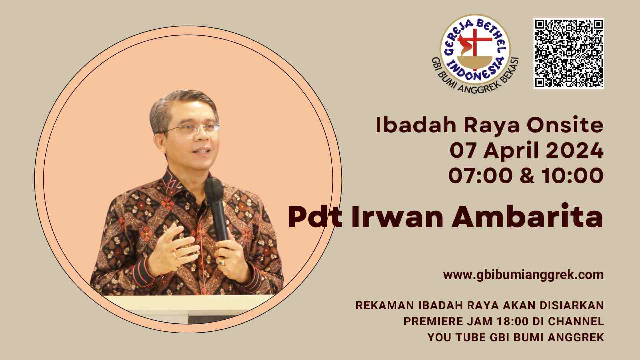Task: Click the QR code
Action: [x=569, y=53]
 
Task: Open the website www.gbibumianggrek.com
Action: [x=524, y=275]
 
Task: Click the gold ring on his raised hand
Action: [x=174, y=254]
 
